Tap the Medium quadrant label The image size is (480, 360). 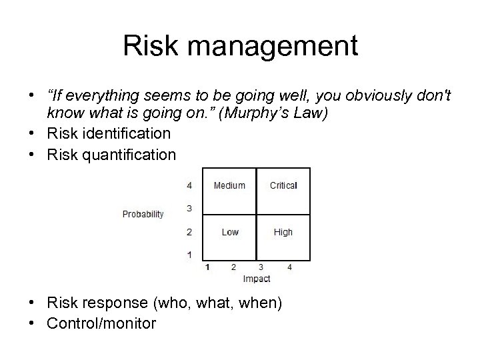(229, 185)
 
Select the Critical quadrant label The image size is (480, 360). (283, 185)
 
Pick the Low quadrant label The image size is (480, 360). (230, 232)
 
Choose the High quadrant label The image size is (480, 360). (283, 232)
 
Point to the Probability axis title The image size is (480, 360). (143, 214)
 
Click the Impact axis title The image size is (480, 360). (257, 278)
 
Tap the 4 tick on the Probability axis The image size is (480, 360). (189, 185)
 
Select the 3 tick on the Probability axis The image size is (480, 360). (189, 209)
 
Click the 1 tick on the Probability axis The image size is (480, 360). (189, 254)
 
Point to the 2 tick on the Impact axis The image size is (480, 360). (233, 267)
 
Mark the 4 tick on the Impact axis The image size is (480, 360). (289, 267)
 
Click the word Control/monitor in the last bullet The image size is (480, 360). (101, 324)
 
